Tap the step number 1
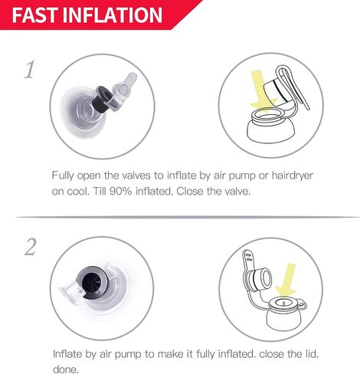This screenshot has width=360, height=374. pyautogui.click(x=29, y=70)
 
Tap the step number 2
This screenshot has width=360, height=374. pyautogui.click(x=31, y=247)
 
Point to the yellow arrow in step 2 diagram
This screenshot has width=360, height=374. pyautogui.click(x=287, y=280)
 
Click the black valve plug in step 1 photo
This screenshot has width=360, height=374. pyautogui.click(x=103, y=99)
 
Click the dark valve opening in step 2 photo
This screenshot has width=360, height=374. pyautogui.click(x=92, y=283)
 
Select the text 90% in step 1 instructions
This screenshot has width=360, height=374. pyautogui.click(x=120, y=191)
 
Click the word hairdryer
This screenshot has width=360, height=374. pyautogui.click(x=293, y=176)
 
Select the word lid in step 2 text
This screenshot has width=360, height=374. pyautogui.click(x=313, y=354)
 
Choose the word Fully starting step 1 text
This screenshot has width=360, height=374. pyautogui.click(x=63, y=176)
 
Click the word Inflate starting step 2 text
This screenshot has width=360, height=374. pyautogui.click(x=67, y=354)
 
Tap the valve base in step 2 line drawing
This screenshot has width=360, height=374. pyautogui.click(x=284, y=316)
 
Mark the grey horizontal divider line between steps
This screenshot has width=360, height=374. pyautogui.click(x=188, y=217)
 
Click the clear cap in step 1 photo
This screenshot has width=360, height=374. pyautogui.click(x=125, y=93)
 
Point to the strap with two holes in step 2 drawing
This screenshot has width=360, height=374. pyautogui.click(x=247, y=261)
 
